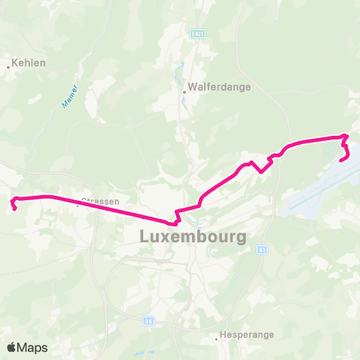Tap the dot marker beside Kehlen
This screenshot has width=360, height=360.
[8, 67]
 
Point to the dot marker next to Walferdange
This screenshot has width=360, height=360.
[184, 93]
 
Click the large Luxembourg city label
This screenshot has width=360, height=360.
[193, 237]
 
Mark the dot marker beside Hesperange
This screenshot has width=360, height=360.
[217, 338]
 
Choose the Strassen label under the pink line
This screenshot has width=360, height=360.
[100, 202]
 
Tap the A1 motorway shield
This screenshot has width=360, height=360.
[262, 250]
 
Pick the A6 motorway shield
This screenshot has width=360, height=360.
[148, 320]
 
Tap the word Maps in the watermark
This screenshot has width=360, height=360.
[33, 347]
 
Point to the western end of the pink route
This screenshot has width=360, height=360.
[13, 199]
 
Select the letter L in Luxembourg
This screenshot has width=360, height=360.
[145, 237]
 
